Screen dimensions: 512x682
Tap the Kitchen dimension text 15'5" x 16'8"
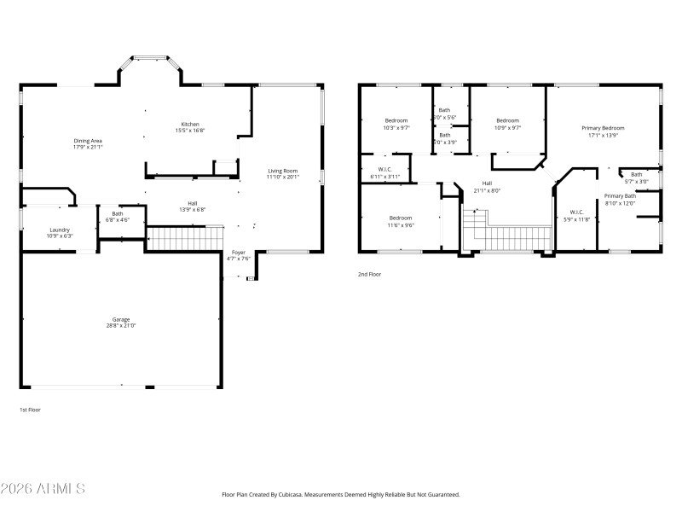(190, 131)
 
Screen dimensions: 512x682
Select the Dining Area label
(88, 141)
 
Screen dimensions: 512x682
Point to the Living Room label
(282, 171)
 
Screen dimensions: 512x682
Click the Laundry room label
(59, 230)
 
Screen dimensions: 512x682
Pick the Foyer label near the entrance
(239, 253)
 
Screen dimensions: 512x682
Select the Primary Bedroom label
(604, 128)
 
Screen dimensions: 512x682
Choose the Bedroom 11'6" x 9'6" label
(401, 218)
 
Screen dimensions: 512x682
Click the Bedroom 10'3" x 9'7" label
(396, 120)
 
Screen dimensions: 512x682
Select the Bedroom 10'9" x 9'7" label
(508, 120)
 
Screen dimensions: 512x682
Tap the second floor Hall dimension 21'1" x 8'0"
(487, 190)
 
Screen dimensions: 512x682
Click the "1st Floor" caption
(30, 410)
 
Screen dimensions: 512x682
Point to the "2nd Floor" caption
(369, 274)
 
